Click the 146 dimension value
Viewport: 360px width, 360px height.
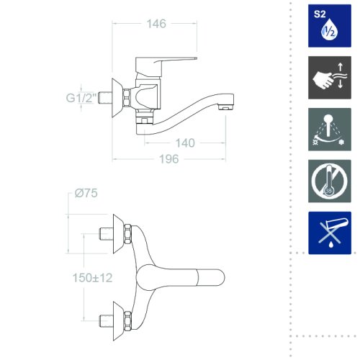coord(156,24)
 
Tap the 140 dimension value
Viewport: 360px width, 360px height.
coord(185,143)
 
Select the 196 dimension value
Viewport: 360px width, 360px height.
coord(169,159)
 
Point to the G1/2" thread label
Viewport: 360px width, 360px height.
coord(81,98)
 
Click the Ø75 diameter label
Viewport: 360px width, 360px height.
coord(86,193)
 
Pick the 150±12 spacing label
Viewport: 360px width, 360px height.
coord(92,278)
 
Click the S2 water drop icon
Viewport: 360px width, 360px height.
coord(330,26)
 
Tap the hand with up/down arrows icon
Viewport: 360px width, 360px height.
coord(330,78)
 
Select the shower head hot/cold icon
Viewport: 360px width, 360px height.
coord(330,130)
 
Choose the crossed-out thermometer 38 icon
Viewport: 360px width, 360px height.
coord(330,181)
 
